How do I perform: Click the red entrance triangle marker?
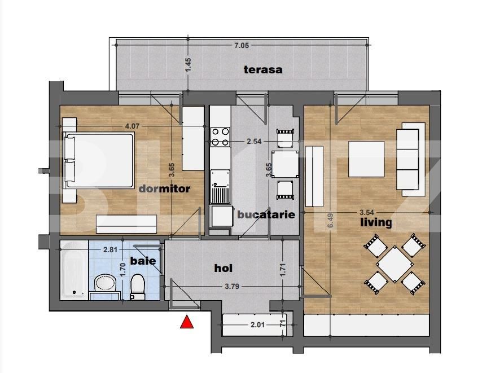click(x=186, y=323)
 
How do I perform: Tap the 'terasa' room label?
click(x=262, y=70)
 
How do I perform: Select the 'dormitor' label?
click(x=164, y=188)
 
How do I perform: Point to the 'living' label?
click(x=376, y=222)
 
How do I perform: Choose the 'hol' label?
click(x=223, y=268)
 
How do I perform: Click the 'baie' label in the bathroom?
click(x=143, y=261)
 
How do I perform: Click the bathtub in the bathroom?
click(x=74, y=269)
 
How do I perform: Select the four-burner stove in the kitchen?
click(x=220, y=138)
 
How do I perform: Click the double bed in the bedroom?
click(x=99, y=161)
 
